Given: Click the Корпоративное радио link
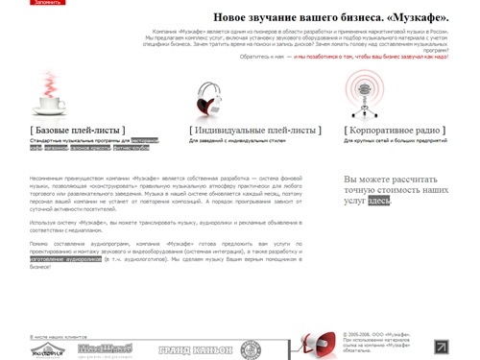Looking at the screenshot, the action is click(395, 129).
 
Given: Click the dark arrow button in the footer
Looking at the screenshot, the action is click(442, 346).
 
